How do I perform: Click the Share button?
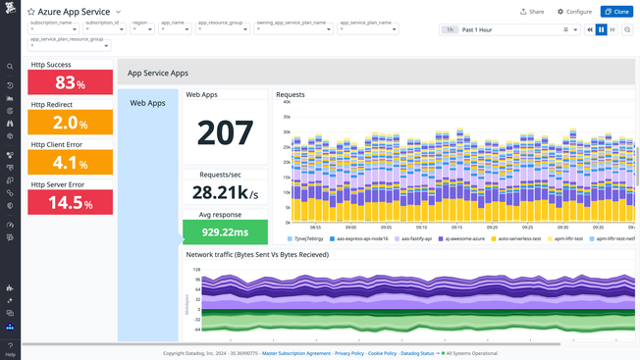[x=531, y=12]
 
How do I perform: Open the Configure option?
[x=574, y=12]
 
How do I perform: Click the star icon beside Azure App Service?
[x=30, y=12]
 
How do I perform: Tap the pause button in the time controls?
[x=601, y=30]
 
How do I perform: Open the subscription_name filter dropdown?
[x=52, y=29]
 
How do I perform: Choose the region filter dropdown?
[x=141, y=29]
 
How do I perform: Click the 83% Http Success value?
[x=70, y=83]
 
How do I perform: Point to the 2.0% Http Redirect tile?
[x=70, y=123]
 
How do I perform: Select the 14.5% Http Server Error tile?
[x=70, y=202]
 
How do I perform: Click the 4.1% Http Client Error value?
[x=70, y=163]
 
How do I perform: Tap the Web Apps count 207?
[x=225, y=132]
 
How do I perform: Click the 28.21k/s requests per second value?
[x=225, y=192]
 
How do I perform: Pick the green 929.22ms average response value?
[x=225, y=232]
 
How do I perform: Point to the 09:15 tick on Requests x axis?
[x=456, y=227]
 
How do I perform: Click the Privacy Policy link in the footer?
[x=349, y=353]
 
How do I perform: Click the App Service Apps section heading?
[x=158, y=73]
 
